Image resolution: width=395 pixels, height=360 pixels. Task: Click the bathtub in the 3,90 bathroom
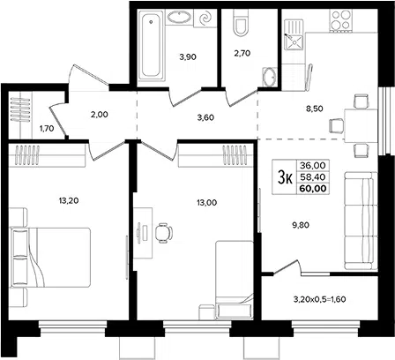[151, 46]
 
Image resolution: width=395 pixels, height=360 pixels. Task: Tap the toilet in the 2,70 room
[240, 23]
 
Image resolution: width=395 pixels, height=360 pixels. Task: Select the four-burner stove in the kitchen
[341, 20]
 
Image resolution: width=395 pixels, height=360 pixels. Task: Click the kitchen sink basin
[294, 41]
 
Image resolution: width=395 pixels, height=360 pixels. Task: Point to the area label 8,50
[314, 109]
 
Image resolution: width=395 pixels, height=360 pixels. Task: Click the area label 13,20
[69, 201]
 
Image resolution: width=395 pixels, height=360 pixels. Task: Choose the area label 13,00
[207, 203]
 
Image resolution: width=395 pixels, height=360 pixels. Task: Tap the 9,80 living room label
[301, 225]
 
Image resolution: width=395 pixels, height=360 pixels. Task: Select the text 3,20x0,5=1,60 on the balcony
[319, 299]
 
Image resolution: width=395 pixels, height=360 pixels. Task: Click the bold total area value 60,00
[313, 188]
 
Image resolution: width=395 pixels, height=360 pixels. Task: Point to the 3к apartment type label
[285, 177]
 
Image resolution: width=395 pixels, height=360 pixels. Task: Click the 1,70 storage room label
[47, 128]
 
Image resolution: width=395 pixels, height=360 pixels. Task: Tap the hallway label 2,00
[100, 115]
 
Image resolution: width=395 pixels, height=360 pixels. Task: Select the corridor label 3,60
[205, 117]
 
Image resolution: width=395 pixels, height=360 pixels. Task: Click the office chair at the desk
[163, 233]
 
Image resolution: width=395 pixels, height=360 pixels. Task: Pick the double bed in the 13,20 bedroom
[50, 258]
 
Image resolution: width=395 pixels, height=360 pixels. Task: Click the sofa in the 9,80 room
[361, 221]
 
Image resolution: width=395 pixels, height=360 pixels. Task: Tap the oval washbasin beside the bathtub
[179, 17]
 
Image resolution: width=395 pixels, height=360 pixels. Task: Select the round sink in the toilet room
[270, 77]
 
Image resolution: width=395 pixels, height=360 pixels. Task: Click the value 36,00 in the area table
[313, 166]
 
